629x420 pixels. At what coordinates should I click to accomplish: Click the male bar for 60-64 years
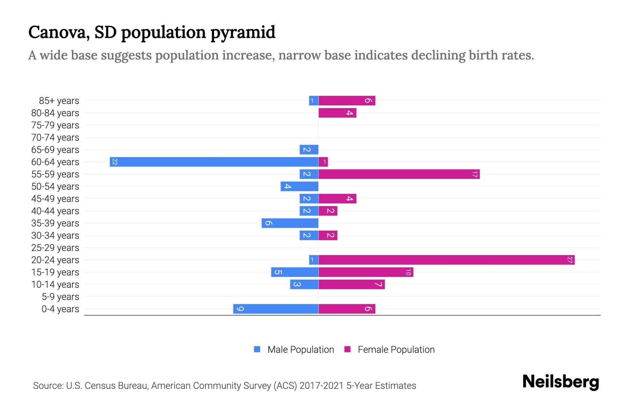[x=214, y=162]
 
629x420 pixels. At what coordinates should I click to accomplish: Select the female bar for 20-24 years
[x=446, y=260]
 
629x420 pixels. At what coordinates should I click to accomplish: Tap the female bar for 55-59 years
[x=399, y=174]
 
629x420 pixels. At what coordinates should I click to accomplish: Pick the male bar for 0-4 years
[x=276, y=309]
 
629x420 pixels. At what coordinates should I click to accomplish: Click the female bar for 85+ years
[x=347, y=101]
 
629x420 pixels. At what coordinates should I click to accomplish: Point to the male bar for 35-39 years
[x=290, y=223]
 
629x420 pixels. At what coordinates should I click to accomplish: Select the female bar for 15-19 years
[x=366, y=272]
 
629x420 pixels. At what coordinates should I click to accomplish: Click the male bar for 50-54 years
[x=299, y=186]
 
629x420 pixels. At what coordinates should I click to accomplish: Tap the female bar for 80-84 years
[x=337, y=113]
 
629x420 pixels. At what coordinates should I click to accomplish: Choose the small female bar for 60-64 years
[x=323, y=162]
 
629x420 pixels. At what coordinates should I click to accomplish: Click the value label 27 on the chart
[x=570, y=260]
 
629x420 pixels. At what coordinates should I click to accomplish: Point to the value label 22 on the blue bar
[x=115, y=162]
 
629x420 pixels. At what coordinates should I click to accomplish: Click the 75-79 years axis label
[x=55, y=125]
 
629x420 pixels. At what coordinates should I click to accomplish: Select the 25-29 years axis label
[x=55, y=248]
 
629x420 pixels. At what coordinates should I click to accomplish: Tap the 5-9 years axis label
[x=60, y=297]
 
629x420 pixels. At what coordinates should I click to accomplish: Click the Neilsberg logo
[x=561, y=382]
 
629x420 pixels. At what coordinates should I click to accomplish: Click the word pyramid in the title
[x=243, y=33]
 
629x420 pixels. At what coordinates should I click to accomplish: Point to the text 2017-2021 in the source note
[x=321, y=386]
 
